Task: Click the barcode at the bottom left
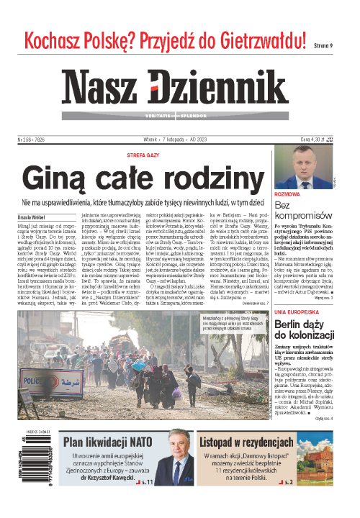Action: [x=35, y=468]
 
